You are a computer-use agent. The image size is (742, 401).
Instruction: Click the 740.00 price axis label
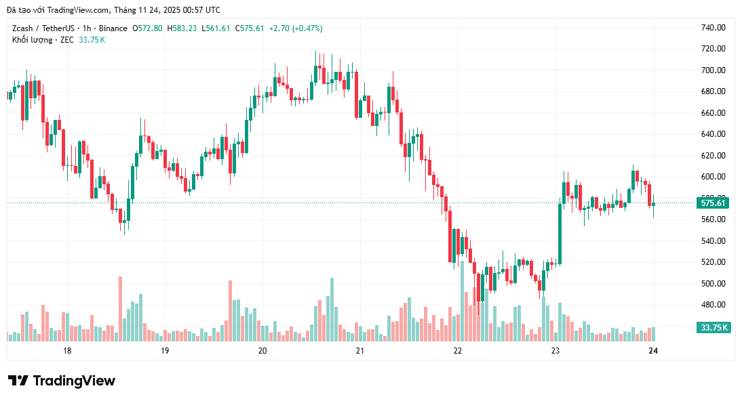(713, 28)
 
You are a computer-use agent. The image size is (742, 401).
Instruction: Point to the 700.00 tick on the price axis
(713, 70)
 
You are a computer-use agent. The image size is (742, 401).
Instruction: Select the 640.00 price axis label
(713, 134)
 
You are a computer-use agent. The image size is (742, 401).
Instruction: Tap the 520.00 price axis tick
(713, 262)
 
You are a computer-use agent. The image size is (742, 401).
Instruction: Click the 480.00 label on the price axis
(713, 305)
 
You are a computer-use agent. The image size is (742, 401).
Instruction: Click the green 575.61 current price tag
(713, 203)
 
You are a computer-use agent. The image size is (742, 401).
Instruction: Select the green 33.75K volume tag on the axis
(714, 328)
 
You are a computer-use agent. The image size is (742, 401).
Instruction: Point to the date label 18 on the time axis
(67, 351)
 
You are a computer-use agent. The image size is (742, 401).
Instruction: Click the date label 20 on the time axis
(262, 351)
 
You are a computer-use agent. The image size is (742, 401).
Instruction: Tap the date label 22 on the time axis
(458, 351)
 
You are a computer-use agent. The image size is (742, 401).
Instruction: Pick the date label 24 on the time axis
(653, 351)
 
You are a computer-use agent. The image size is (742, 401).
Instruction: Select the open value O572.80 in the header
(147, 28)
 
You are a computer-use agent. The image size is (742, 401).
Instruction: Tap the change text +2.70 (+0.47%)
(296, 28)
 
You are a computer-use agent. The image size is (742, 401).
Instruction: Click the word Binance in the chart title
(113, 28)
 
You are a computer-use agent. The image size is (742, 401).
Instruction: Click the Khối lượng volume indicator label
(32, 40)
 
